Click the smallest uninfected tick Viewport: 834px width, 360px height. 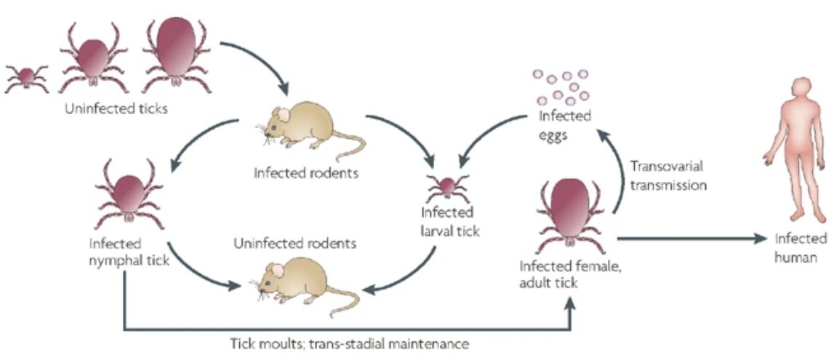click(27, 76)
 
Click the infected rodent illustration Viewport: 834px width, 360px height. click(306, 127)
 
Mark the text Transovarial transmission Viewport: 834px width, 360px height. click(668, 175)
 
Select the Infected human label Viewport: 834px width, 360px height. click(800, 247)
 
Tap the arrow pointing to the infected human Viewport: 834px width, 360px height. click(691, 237)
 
